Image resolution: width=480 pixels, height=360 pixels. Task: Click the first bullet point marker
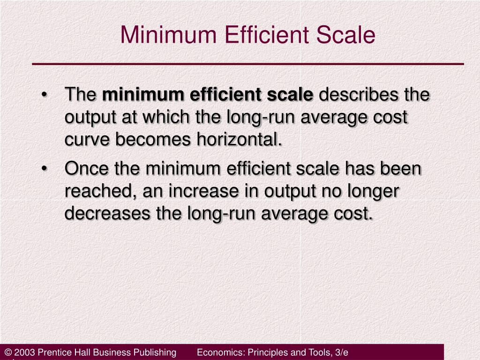click(x=45, y=96)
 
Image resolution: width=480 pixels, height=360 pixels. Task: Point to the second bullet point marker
click(x=45, y=169)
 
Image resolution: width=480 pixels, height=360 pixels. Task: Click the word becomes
click(x=146, y=139)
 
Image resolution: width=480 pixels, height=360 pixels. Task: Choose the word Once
click(x=87, y=168)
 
